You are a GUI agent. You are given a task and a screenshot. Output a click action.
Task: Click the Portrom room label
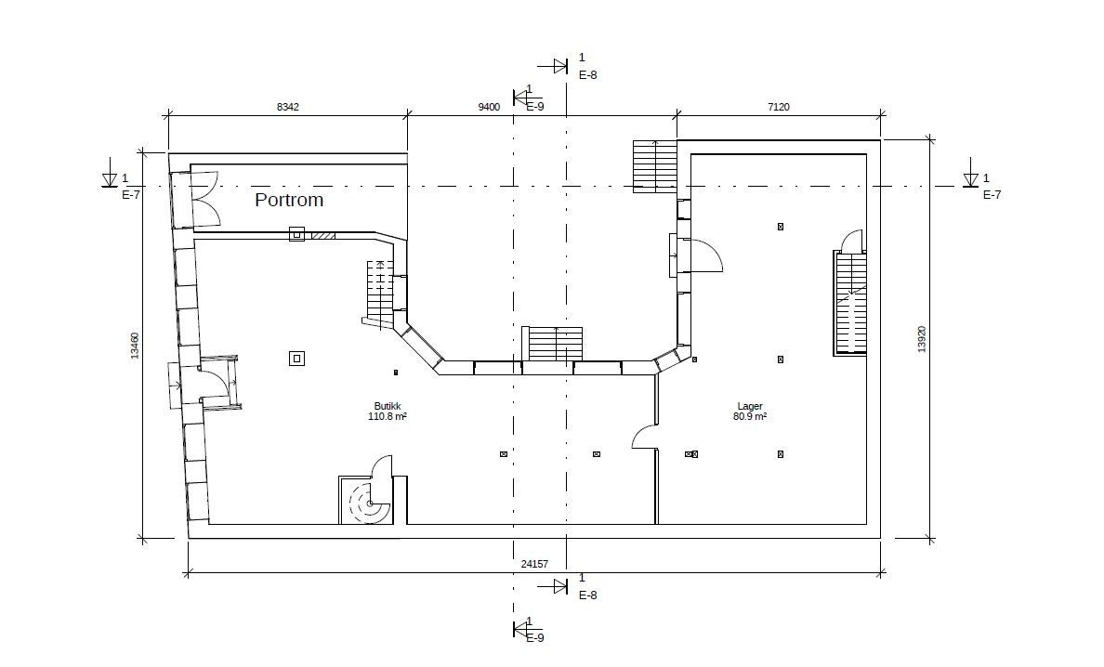[289, 200]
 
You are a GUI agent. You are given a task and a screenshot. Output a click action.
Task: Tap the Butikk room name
[388, 406]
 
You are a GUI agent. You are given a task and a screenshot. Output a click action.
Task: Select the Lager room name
[750, 406]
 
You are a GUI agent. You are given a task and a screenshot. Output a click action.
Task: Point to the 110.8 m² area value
[388, 416]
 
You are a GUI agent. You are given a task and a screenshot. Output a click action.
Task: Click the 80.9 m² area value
[750, 416]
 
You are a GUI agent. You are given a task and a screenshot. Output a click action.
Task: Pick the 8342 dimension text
[287, 107]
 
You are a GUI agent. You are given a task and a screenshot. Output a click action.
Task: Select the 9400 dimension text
[489, 107]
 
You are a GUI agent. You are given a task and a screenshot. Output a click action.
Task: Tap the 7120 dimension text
[778, 107]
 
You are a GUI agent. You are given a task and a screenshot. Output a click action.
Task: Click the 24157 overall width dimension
[534, 564]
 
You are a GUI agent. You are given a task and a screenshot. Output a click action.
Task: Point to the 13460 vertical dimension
[135, 346]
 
